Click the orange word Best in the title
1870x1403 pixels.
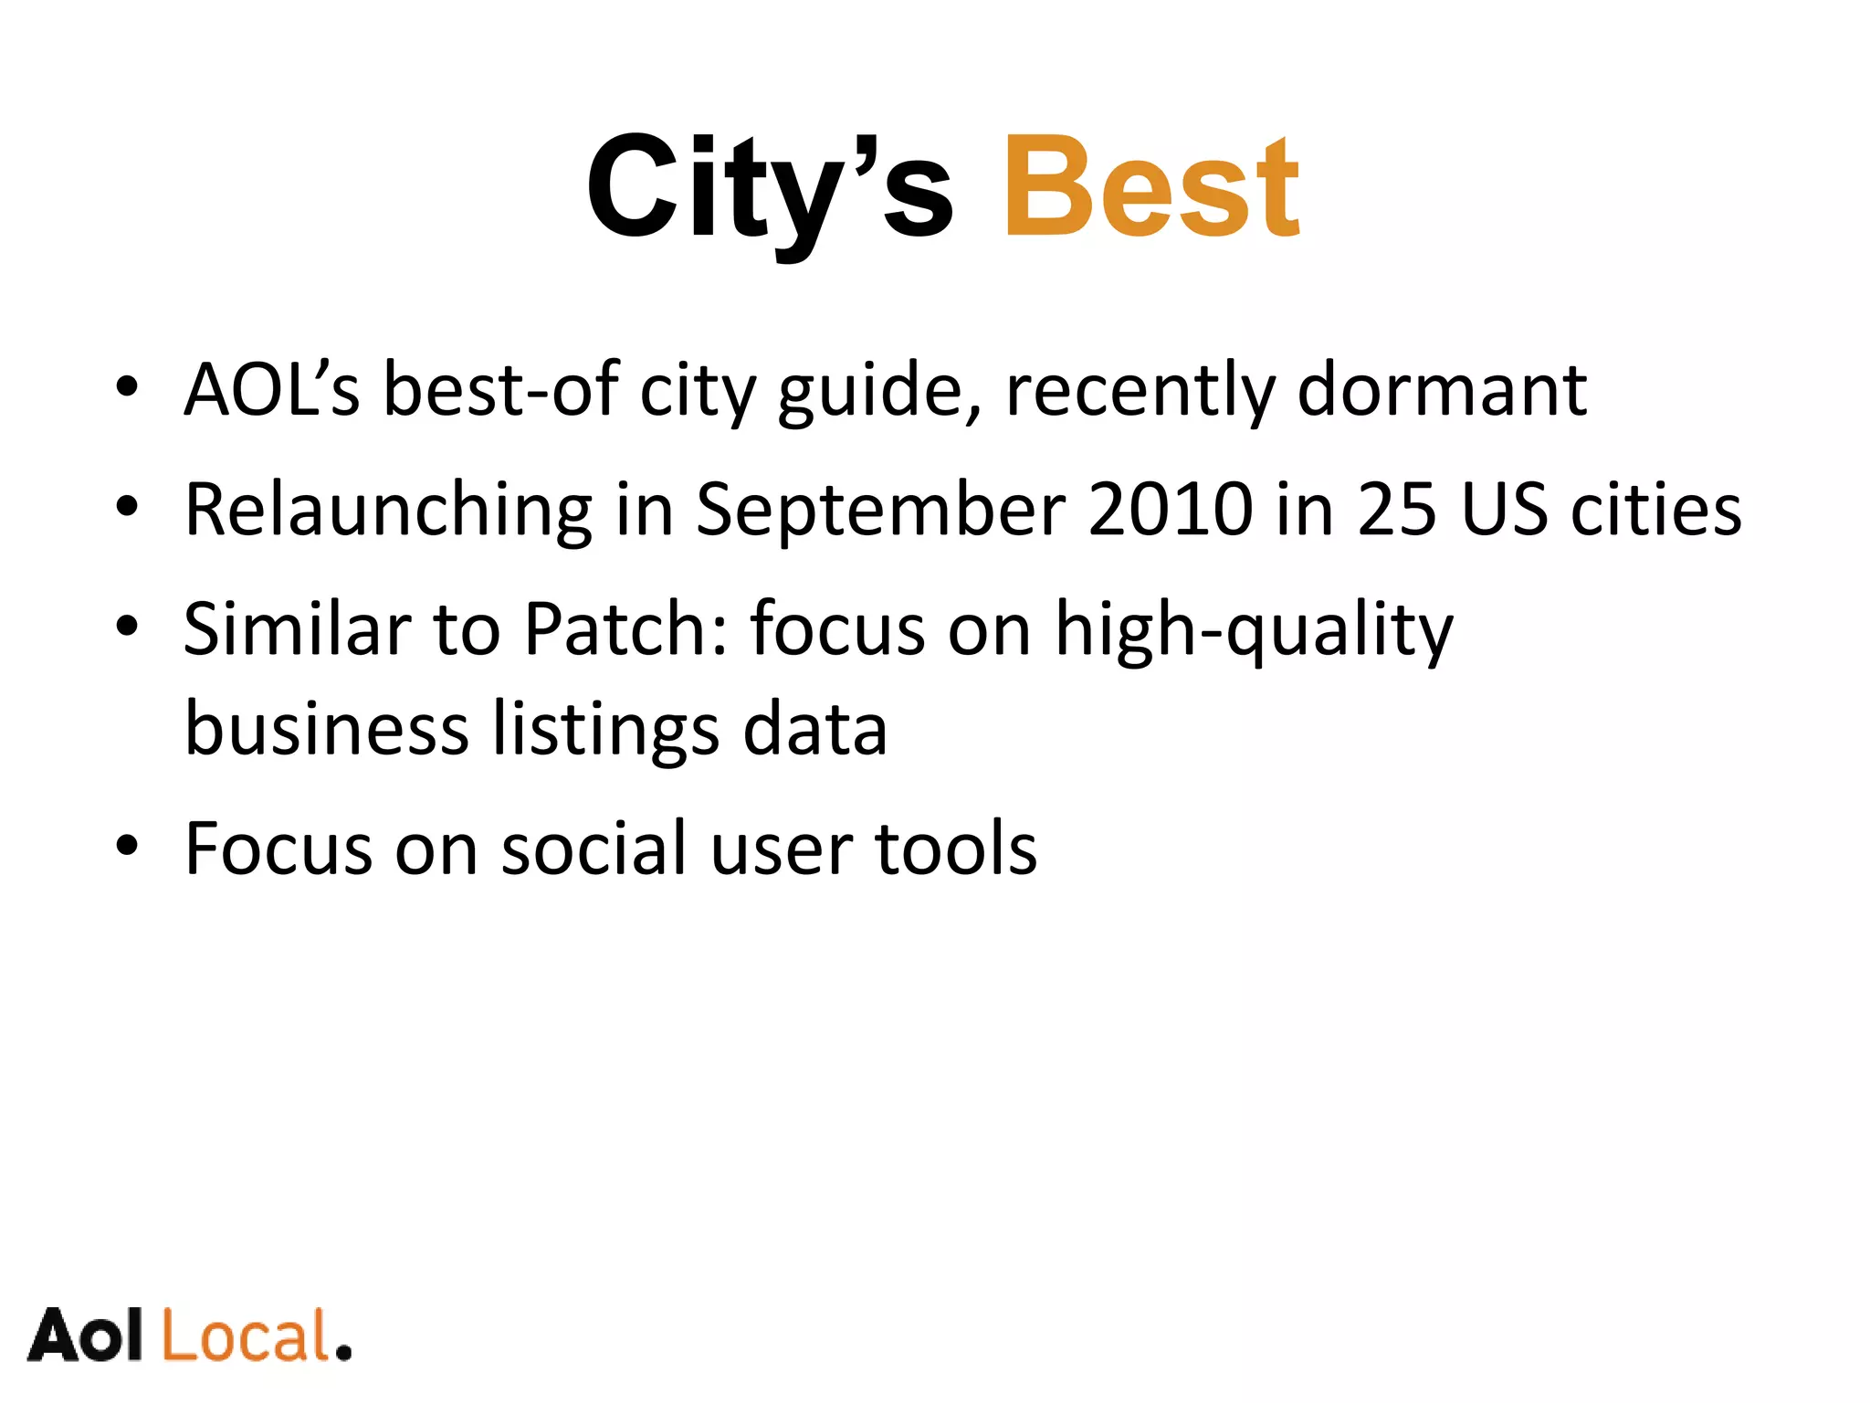click(1151, 186)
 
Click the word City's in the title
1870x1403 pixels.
click(770, 186)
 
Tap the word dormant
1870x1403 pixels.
click(1442, 391)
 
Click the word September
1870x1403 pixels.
click(880, 510)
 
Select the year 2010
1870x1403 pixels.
click(1171, 510)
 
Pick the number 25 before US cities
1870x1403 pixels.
click(1396, 510)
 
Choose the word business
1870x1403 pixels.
click(327, 730)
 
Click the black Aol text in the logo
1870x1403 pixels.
click(86, 1336)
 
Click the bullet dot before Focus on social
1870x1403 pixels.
click(127, 846)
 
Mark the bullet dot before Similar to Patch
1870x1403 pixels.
click(127, 627)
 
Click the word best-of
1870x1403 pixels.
click(501, 391)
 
